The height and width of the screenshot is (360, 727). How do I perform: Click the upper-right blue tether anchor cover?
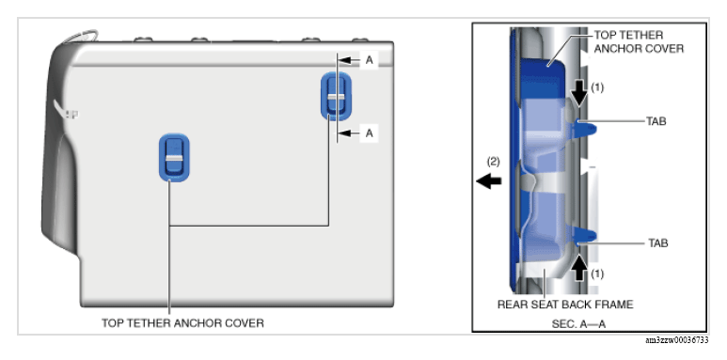[336, 96]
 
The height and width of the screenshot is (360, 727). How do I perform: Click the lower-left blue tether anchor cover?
[174, 158]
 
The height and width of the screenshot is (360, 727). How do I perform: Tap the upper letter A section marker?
[369, 60]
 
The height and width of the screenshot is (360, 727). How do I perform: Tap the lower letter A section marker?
[369, 133]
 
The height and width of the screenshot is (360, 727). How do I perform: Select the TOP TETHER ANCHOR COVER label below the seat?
[182, 323]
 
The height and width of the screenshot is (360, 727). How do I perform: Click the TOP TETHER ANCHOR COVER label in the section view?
[639, 41]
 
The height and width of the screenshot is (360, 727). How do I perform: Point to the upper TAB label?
[656, 121]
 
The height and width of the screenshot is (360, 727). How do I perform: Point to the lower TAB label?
[658, 243]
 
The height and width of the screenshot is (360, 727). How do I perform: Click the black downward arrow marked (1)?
[578, 95]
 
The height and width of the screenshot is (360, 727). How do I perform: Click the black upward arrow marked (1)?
[578, 268]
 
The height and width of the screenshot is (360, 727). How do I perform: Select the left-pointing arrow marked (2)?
[489, 180]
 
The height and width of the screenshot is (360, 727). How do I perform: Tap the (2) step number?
[493, 162]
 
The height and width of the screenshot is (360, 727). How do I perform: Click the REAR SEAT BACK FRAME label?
[565, 305]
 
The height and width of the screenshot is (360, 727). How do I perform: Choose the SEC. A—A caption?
[578, 324]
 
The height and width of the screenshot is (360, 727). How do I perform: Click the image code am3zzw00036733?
[677, 340]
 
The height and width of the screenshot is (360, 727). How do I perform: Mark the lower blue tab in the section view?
[585, 235]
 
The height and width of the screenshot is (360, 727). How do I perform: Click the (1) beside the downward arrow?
[597, 87]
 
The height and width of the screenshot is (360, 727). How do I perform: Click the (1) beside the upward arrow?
[597, 274]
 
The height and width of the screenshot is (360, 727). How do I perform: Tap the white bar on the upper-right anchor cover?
[336, 97]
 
